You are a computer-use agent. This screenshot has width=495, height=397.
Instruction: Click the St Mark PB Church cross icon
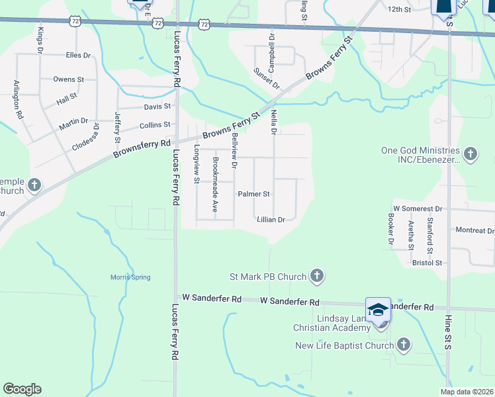pos(317,276)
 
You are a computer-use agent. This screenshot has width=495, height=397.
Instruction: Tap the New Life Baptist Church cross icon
pos(404,345)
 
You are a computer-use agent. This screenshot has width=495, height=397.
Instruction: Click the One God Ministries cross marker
pos(470,155)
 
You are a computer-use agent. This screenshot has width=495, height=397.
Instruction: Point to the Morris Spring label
pos(130,277)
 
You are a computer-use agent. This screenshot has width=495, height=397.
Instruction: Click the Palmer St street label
pos(254,195)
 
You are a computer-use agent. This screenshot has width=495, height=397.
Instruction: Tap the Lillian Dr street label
pos(271,220)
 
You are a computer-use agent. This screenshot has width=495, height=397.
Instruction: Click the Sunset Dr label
pos(267,78)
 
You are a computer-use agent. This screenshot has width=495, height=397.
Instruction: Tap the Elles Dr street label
pos(78,56)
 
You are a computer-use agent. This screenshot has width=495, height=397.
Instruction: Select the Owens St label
pos(69,79)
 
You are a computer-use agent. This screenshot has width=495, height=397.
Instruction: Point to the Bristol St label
pos(427,263)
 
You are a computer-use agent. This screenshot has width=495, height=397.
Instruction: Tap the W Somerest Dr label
pos(418,208)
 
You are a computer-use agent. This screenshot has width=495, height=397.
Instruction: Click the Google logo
pos(22,389)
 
